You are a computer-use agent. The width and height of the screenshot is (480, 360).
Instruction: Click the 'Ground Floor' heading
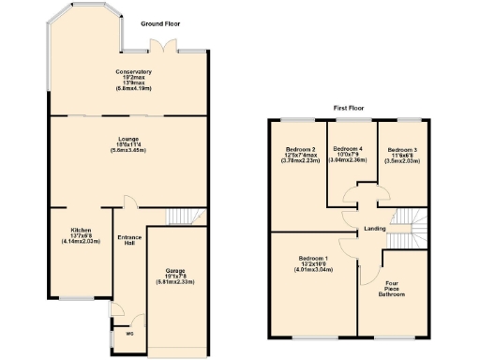pyautogui.click(x=160, y=22)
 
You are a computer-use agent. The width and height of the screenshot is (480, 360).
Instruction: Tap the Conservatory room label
pyautogui.click(x=134, y=80)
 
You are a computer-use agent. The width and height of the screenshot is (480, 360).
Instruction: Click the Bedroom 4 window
pyautogui.click(x=352, y=119)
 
